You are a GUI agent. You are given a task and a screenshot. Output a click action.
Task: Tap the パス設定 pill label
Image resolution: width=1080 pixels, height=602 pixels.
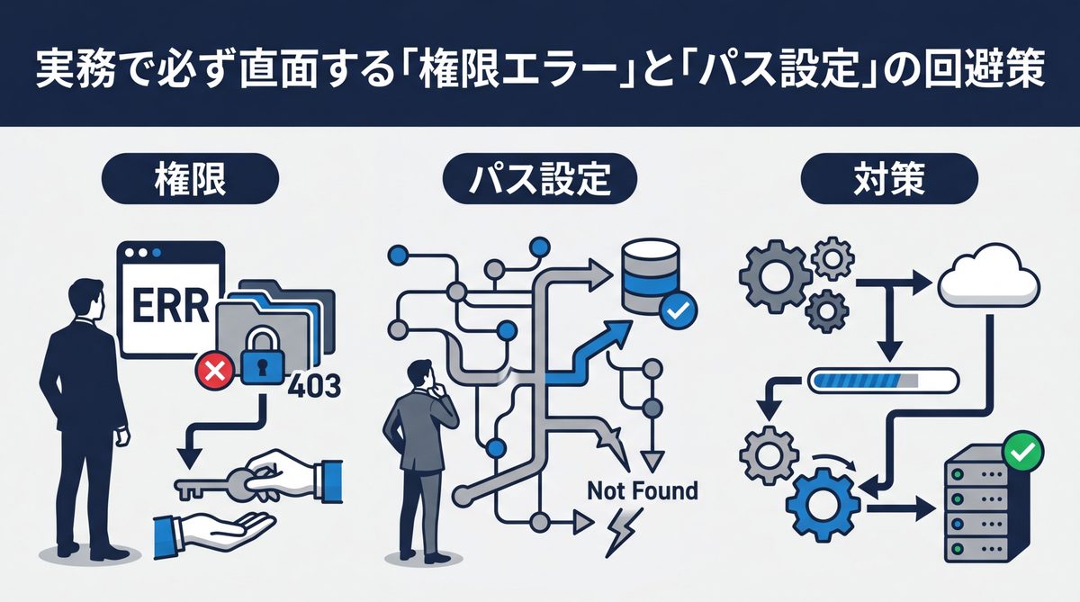tap(540, 181)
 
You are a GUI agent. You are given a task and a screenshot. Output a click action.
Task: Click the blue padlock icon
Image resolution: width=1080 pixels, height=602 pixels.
tap(262, 355)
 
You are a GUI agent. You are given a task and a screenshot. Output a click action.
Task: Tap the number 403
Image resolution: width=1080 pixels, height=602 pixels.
tap(314, 388)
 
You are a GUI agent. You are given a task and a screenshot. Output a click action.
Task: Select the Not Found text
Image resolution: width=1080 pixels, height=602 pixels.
tap(641, 491)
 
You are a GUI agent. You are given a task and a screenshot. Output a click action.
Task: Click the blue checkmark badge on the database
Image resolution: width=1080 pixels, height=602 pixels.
tap(676, 311)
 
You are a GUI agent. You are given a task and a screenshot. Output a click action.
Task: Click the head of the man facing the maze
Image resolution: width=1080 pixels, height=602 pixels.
tap(422, 373)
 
